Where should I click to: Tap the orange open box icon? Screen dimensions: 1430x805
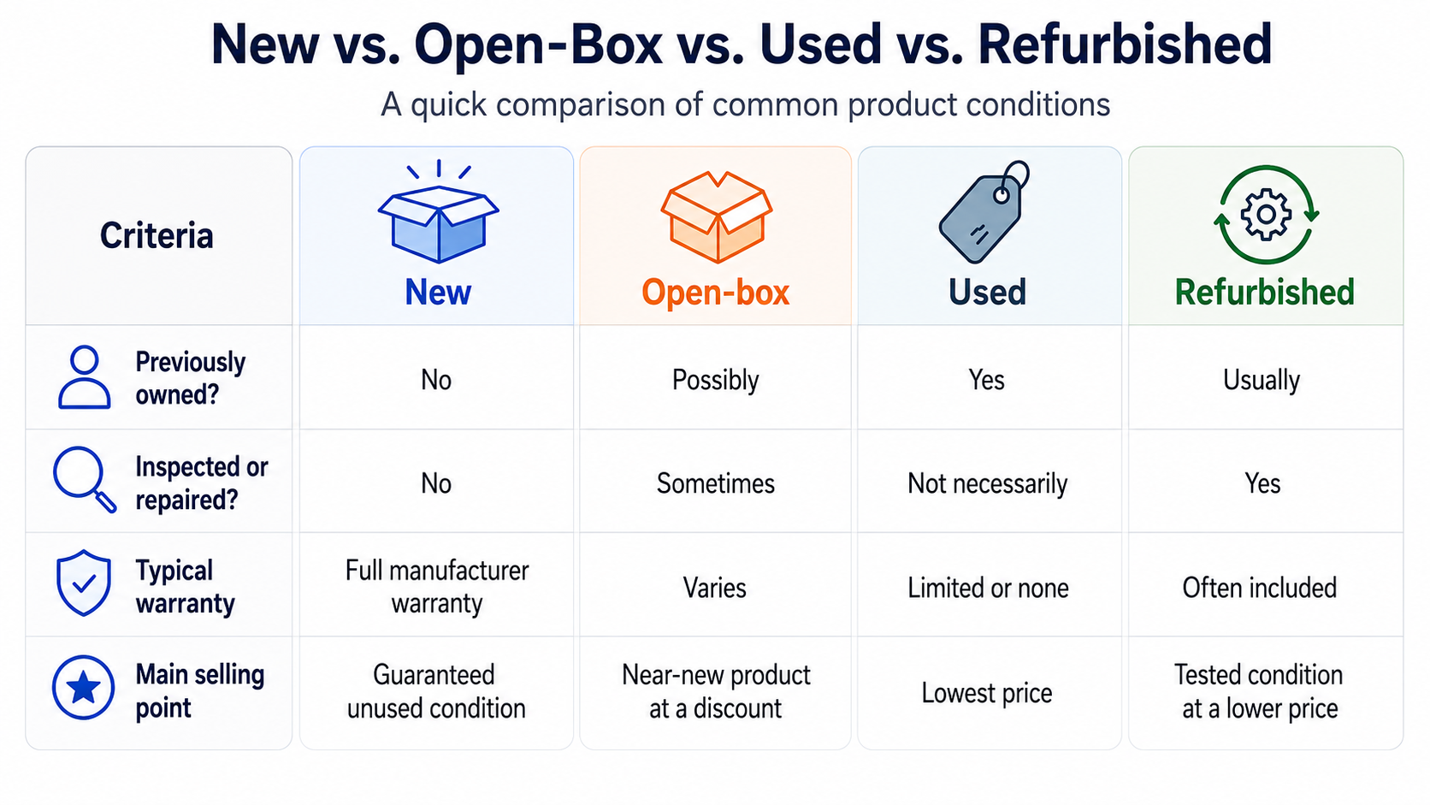click(x=716, y=216)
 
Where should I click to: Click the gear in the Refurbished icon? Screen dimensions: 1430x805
click(x=1267, y=215)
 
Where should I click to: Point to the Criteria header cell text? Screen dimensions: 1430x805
click(x=157, y=235)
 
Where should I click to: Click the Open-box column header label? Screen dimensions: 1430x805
click(x=716, y=293)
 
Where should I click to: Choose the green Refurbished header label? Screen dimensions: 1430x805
click(x=1265, y=293)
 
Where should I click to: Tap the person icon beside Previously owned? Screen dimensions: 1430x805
click(x=85, y=376)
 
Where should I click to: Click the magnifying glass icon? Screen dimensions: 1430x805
click(x=85, y=479)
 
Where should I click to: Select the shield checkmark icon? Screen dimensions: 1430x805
click(x=84, y=583)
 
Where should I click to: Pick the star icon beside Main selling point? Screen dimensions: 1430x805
click(x=83, y=688)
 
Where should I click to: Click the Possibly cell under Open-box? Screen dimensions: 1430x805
click(x=716, y=381)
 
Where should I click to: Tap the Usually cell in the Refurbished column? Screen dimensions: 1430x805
click(x=1262, y=381)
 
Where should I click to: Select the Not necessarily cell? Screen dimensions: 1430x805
click(x=988, y=484)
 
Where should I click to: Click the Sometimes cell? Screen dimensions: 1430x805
click(x=716, y=483)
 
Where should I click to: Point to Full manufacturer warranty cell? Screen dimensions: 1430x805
click(x=437, y=587)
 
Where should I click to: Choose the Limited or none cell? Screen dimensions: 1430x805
click(x=988, y=588)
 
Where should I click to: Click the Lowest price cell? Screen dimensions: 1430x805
click(x=987, y=693)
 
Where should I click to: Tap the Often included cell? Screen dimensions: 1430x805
click(x=1260, y=588)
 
